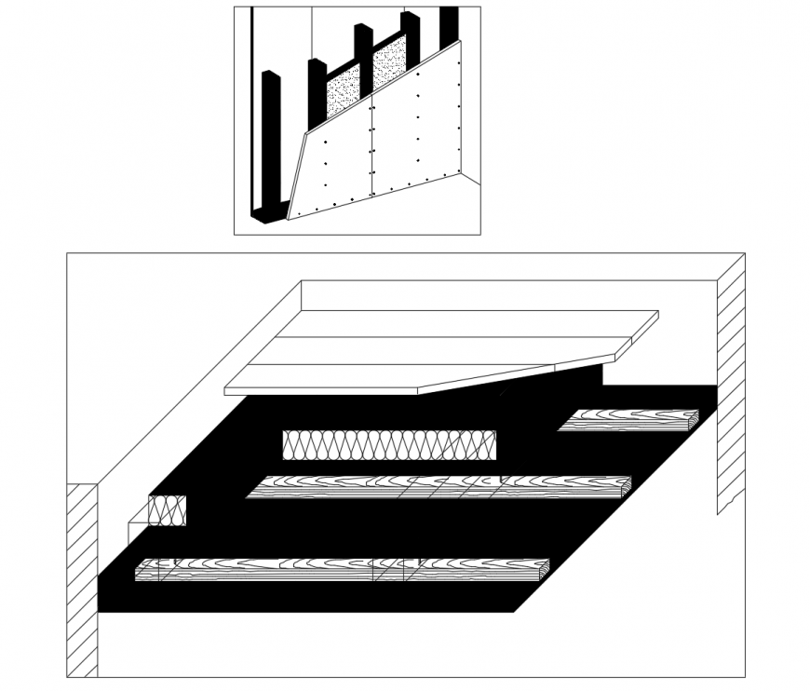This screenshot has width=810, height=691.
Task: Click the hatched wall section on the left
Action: click(82, 577)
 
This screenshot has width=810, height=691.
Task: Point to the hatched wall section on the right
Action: click(730, 382)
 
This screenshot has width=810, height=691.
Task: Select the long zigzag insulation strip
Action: click(389, 445)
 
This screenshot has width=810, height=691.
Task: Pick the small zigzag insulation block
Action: click(168, 510)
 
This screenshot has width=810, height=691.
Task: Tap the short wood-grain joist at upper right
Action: click(628, 420)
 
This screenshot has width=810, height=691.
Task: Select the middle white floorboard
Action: click(438, 349)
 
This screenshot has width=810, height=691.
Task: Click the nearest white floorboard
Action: click(372, 377)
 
